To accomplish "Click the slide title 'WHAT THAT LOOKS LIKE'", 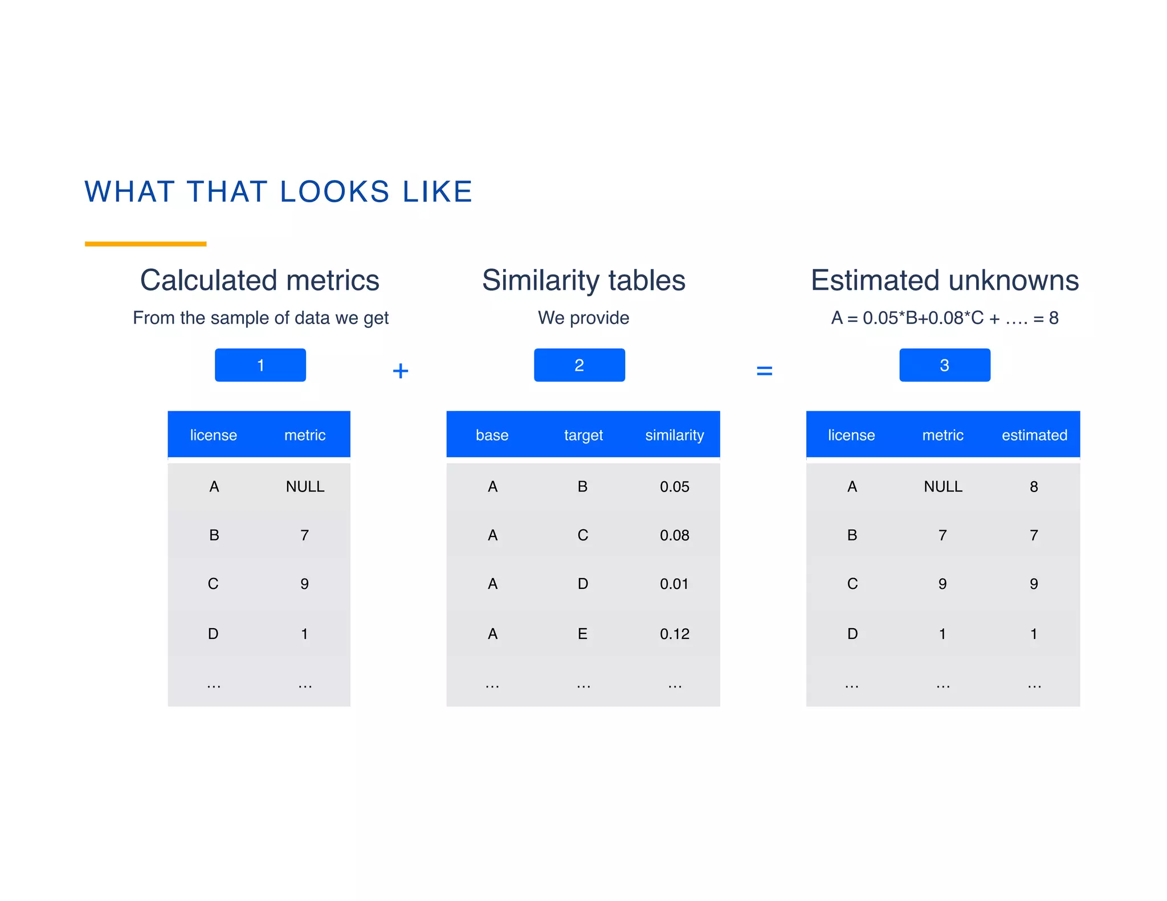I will click(x=279, y=191).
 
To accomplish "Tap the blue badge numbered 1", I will click(x=260, y=365).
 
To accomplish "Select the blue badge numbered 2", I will click(x=579, y=365).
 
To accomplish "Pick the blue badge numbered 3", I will click(x=944, y=365).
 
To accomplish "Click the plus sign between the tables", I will click(x=401, y=371).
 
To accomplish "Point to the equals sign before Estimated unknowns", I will click(x=764, y=371).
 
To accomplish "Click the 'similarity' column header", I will click(x=674, y=435).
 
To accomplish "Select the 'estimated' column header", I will click(x=1034, y=435).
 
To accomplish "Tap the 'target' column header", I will click(x=583, y=435).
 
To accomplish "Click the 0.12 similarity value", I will click(x=674, y=634).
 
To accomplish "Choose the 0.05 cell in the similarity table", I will click(x=674, y=487).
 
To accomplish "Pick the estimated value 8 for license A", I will click(x=1034, y=487).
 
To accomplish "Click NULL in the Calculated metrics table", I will click(x=305, y=487).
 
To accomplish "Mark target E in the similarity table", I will click(x=582, y=634).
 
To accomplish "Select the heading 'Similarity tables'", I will click(x=583, y=280).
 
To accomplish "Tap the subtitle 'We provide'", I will click(x=583, y=318).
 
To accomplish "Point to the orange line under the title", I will click(x=145, y=244).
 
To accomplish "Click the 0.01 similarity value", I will click(x=674, y=584).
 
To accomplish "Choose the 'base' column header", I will click(x=492, y=435).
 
